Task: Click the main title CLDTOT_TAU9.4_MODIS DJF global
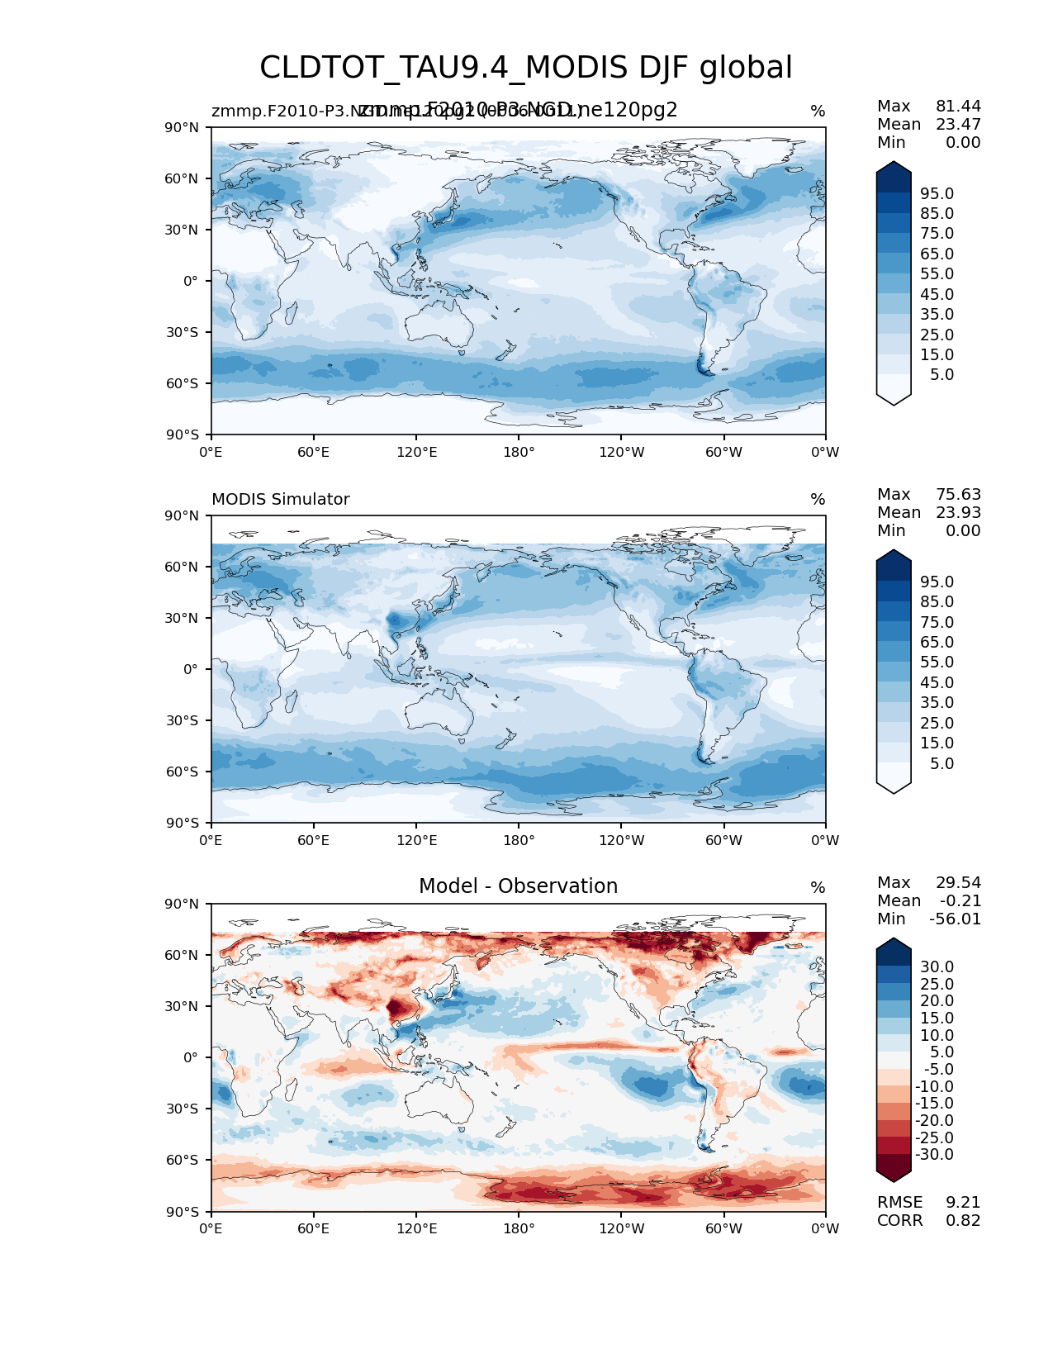[x=526, y=68]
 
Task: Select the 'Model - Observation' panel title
[x=518, y=886]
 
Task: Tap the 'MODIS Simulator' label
[x=280, y=500]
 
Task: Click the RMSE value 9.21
[x=963, y=1203]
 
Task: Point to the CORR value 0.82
[x=963, y=1221]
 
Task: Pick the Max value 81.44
[x=958, y=107]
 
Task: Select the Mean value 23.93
[x=958, y=513]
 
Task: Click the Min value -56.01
[x=956, y=919]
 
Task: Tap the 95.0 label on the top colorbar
[x=937, y=194]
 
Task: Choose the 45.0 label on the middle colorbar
[x=937, y=683]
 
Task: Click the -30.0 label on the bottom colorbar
[x=934, y=1155]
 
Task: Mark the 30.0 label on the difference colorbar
[x=937, y=967]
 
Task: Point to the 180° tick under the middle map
[x=519, y=841]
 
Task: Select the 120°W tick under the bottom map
[x=621, y=1229]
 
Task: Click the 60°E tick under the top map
[x=313, y=453]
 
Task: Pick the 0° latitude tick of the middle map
[x=192, y=670]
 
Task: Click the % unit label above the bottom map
[x=818, y=888]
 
